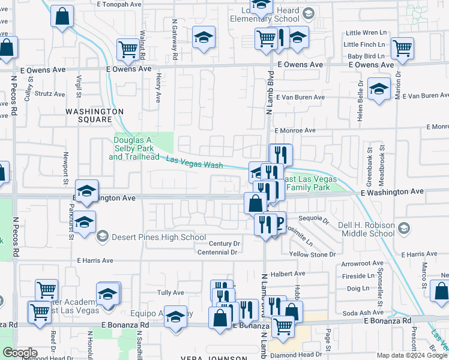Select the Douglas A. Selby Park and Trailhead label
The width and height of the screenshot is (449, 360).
click(132, 148)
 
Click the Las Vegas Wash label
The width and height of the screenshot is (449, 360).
click(194, 162)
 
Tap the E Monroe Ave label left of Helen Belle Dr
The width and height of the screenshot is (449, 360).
click(295, 130)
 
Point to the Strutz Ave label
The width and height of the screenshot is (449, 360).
click(50, 94)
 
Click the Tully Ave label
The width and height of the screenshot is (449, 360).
click(170, 292)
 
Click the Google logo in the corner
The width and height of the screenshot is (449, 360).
click(20, 353)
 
